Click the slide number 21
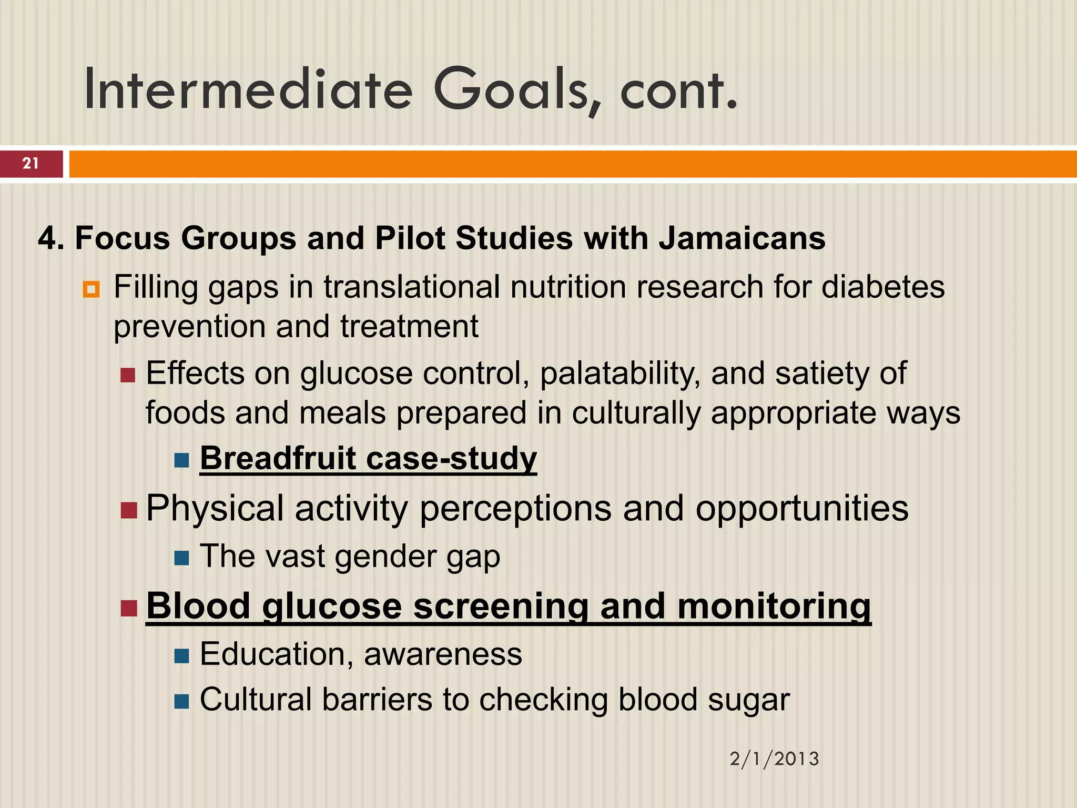[x=31, y=164]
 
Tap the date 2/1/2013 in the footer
[x=774, y=759]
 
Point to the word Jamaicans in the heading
[x=742, y=238]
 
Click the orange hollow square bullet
[x=91, y=289]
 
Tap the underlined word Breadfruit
[x=278, y=458]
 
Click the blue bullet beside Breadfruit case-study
[x=181, y=460]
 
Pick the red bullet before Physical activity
[x=129, y=510]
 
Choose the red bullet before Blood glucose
[x=129, y=608]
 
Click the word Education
[x=272, y=654]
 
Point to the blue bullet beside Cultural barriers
[x=181, y=701]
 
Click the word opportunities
[x=802, y=509]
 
